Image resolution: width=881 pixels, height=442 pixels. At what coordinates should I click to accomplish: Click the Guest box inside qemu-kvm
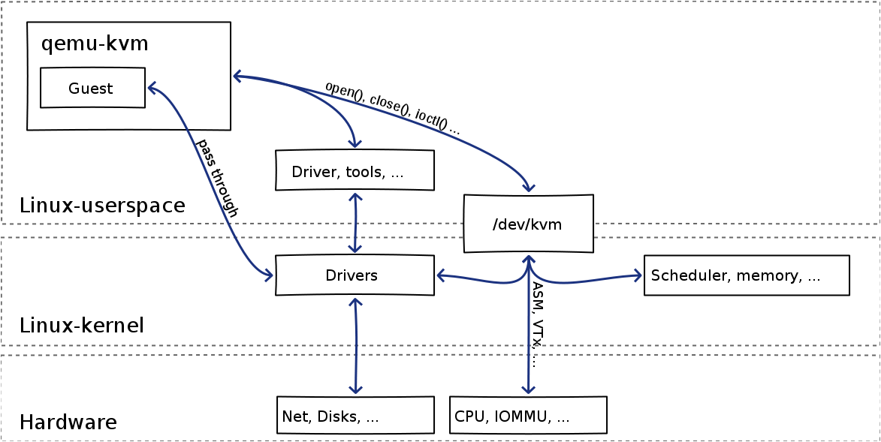(x=92, y=88)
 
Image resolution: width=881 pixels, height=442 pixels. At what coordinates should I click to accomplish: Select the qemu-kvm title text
(x=95, y=44)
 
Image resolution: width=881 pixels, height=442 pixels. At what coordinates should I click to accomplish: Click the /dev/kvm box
(x=528, y=224)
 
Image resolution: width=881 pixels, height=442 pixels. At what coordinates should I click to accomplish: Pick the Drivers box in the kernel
(x=355, y=275)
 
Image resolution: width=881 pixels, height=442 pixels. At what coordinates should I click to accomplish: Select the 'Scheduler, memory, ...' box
(x=746, y=275)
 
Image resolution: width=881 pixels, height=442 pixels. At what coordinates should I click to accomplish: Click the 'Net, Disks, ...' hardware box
(x=355, y=415)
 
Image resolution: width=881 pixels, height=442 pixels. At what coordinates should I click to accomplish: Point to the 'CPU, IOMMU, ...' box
(x=527, y=415)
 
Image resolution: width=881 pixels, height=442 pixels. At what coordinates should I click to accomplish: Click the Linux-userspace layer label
(x=102, y=206)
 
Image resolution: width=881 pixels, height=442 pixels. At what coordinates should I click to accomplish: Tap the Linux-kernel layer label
(x=82, y=326)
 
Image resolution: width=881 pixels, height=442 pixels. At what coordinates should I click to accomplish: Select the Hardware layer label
(x=68, y=422)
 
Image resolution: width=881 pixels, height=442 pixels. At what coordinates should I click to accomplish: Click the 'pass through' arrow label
(x=217, y=178)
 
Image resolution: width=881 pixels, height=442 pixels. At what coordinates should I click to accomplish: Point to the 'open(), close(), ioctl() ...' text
(x=392, y=107)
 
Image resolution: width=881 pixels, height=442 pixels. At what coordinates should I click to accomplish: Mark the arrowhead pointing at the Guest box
(x=152, y=88)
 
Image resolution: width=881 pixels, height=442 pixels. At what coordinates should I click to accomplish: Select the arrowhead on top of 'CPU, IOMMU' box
(x=529, y=389)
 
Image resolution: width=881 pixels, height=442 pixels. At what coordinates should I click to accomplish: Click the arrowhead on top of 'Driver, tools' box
(x=355, y=143)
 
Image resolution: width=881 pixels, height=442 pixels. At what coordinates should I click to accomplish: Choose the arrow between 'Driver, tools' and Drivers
(x=355, y=223)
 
